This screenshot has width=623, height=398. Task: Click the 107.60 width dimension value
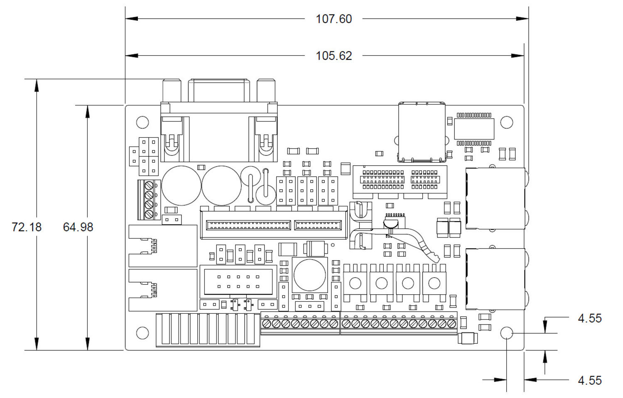tap(334, 19)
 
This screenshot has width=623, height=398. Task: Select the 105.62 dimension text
tap(334, 56)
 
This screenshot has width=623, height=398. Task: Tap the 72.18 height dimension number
tap(27, 227)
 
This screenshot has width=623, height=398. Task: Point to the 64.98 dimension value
tap(78, 227)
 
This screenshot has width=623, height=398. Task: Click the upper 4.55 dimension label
tap(589, 318)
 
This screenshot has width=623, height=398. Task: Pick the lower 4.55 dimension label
tap(589, 380)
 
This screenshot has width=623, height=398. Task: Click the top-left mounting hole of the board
tap(142, 122)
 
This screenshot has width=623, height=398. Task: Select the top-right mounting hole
tap(506, 122)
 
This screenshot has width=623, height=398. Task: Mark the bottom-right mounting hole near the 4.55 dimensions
tap(506, 333)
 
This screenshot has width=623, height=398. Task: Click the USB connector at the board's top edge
tap(422, 132)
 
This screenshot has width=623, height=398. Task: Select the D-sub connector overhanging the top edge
tap(219, 120)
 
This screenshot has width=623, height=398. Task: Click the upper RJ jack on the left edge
tap(162, 246)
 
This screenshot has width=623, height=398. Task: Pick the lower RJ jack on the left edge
tap(162, 290)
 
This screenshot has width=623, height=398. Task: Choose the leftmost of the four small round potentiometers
tap(355, 283)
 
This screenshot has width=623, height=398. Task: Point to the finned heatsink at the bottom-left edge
tap(208, 330)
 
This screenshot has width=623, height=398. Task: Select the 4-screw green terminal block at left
tap(149, 200)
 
